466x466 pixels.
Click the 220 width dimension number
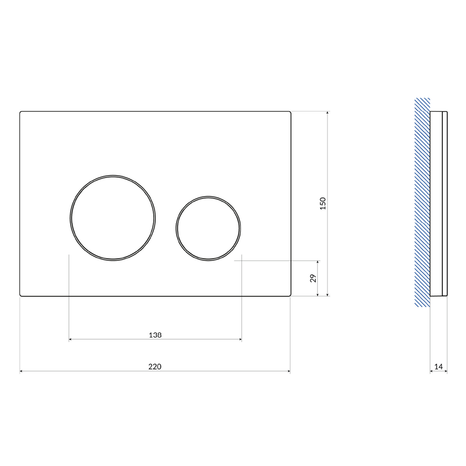tap(155, 367)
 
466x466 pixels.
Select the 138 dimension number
tap(155, 335)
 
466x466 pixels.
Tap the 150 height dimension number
tap(323, 204)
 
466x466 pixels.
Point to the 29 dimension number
tap(313, 278)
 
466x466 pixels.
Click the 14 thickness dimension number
tap(439, 367)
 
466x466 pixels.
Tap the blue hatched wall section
tap(422, 202)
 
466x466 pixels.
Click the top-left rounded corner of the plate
tap(20, 112)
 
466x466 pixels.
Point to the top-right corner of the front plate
tap(290, 112)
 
